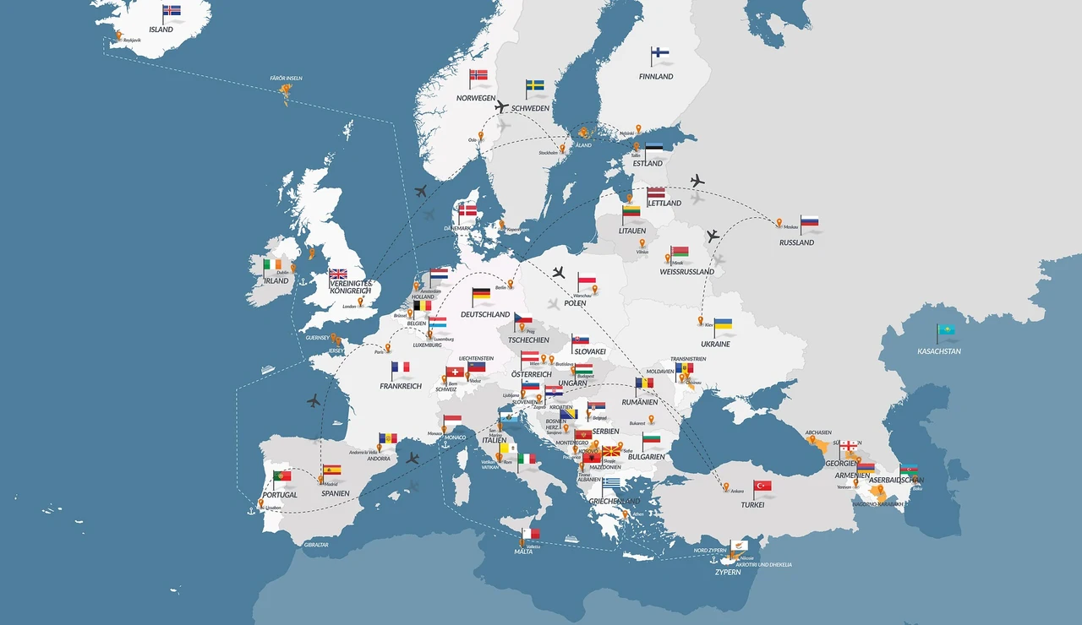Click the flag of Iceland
(x=172, y=11)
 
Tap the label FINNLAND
(x=656, y=77)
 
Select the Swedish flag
(x=535, y=86)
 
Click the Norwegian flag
(x=479, y=75)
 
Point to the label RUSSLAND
(x=796, y=242)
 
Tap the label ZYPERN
(x=727, y=572)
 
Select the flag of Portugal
(x=282, y=476)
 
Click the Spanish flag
(x=332, y=470)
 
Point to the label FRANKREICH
(x=401, y=386)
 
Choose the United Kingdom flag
(x=339, y=274)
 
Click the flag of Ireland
(x=272, y=264)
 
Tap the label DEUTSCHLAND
(x=485, y=314)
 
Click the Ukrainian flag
(x=724, y=324)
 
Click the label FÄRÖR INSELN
(x=286, y=78)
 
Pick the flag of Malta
(x=531, y=533)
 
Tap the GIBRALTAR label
(x=316, y=545)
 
